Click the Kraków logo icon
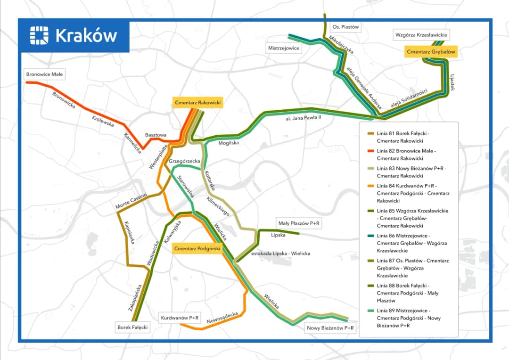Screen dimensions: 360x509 pyautogui.click(x=39, y=35)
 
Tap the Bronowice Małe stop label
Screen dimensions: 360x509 pyautogui.click(x=45, y=74)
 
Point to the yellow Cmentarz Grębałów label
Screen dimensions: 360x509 pyautogui.click(x=431, y=52)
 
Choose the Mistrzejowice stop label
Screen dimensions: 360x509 pyautogui.click(x=284, y=48)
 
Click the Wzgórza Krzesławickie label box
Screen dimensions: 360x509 pyautogui.click(x=421, y=35)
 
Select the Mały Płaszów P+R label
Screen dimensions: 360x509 pyautogui.click(x=299, y=223)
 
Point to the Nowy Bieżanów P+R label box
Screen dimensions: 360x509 pyautogui.click(x=330, y=328)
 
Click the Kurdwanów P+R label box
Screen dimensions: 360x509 pyautogui.click(x=180, y=318)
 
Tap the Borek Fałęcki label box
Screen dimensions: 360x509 pyautogui.click(x=132, y=327)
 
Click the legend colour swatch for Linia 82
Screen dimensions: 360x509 pyautogui.click(x=370, y=151)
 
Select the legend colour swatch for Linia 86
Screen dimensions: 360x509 pyautogui.click(x=370, y=236)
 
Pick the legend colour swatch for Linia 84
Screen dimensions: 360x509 pyautogui.click(x=370, y=186)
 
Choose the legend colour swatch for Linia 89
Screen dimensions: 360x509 pyautogui.click(x=370, y=311)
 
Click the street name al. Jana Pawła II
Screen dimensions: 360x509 pyautogui.click(x=303, y=118)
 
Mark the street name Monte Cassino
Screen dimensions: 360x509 pyautogui.click(x=131, y=201)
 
